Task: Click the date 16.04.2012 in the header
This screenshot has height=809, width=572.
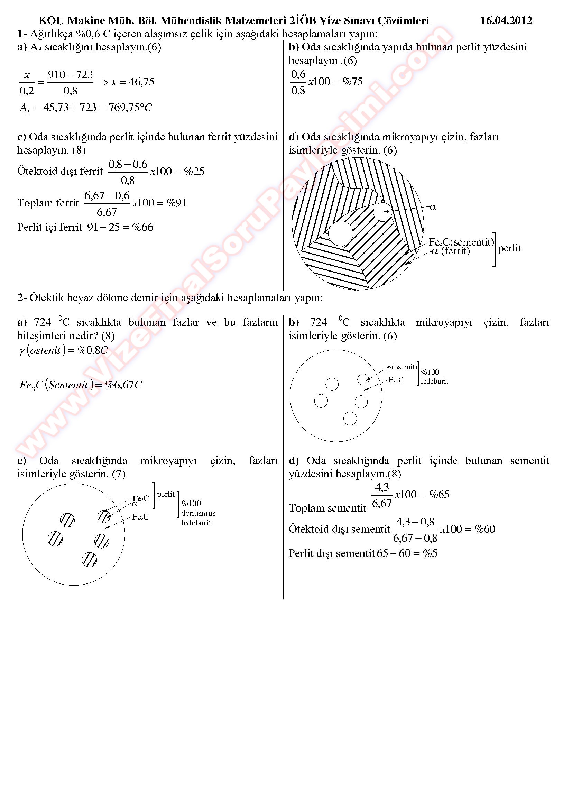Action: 506,20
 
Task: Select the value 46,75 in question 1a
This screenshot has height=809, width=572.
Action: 141,82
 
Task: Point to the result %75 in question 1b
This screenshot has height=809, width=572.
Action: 352,82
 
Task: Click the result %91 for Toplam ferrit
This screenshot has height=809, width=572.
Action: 176,203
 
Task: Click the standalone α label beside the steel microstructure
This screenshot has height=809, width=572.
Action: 433,207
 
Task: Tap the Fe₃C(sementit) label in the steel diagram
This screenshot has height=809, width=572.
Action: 461,242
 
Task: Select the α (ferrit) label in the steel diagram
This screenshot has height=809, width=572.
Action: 451,251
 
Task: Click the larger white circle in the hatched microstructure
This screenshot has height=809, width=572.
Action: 341,233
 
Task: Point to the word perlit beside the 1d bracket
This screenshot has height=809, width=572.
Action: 509,248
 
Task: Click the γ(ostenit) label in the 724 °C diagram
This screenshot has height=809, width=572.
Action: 402,367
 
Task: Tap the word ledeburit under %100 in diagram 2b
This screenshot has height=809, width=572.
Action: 434,381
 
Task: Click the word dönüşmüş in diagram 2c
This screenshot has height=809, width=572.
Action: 198,513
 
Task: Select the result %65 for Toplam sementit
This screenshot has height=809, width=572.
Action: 439,494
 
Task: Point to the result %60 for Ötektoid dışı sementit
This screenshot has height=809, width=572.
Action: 484,529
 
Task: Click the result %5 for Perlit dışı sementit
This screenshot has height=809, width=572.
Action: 430,553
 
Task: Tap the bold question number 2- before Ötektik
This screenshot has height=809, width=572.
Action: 22,298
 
